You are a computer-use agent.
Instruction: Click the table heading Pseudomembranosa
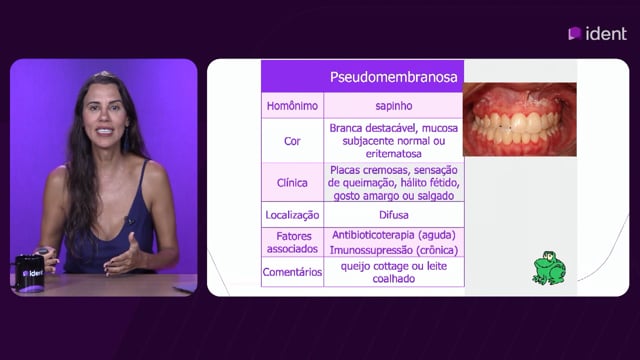[393, 77]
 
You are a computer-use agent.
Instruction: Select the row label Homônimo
[292, 106]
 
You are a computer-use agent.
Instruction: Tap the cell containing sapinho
[394, 106]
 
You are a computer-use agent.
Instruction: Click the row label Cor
[292, 141]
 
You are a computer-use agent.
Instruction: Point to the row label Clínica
[292, 183]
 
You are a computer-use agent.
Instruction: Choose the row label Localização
[292, 215]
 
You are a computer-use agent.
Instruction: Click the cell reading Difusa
[394, 215]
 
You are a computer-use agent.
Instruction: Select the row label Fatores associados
[292, 242]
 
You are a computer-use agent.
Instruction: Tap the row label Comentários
[292, 272]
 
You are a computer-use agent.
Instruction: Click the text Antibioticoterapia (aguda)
[394, 235]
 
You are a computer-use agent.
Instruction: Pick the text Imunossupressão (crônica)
[394, 250]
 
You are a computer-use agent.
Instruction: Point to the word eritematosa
[394, 154]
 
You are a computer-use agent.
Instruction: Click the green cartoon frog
[549, 268]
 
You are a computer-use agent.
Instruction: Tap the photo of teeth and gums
[520, 119]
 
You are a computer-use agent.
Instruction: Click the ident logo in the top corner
[598, 33]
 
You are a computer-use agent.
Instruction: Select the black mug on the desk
[30, 273]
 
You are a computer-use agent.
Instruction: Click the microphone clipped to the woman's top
[130, 221]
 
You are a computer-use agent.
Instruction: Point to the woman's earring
[126, 140]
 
